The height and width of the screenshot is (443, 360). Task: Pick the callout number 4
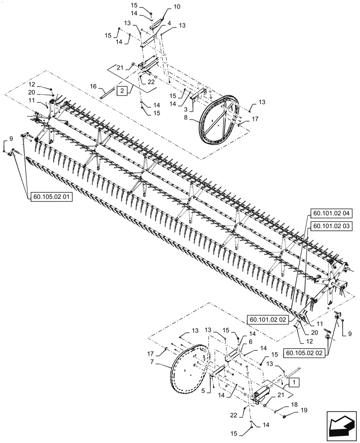[x=169, y=22]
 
